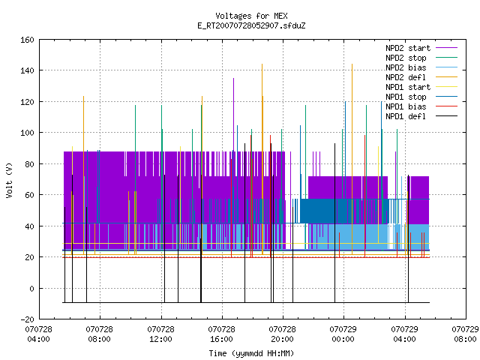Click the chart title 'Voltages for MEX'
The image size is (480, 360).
pos(251,16)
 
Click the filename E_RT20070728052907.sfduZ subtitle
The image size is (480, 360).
pos(251,25)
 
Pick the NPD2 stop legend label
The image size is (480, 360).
pos(406,58)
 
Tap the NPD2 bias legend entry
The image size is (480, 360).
pos(406,67)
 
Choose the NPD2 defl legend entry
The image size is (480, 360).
pos(406,77)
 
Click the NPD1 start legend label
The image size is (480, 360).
pos(408,87)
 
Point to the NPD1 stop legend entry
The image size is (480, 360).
pos(406,97)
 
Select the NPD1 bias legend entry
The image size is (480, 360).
pos(406,106)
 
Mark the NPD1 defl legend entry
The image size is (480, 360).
pos(406,117)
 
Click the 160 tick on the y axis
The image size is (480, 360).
pos(27,40)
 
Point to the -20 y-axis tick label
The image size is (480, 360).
pos(27,319)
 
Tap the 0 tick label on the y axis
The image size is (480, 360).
pos(31,288)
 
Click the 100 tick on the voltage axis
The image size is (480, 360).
pos(27,133)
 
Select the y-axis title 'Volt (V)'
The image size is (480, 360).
pos(9,180)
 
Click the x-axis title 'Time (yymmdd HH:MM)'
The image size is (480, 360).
pos(251,353)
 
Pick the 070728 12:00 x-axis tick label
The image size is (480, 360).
pos(160,334)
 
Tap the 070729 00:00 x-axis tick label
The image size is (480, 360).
pos(343,334)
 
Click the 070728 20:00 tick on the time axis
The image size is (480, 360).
pos(282,334)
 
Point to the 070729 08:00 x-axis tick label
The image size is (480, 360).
pos(465,334)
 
